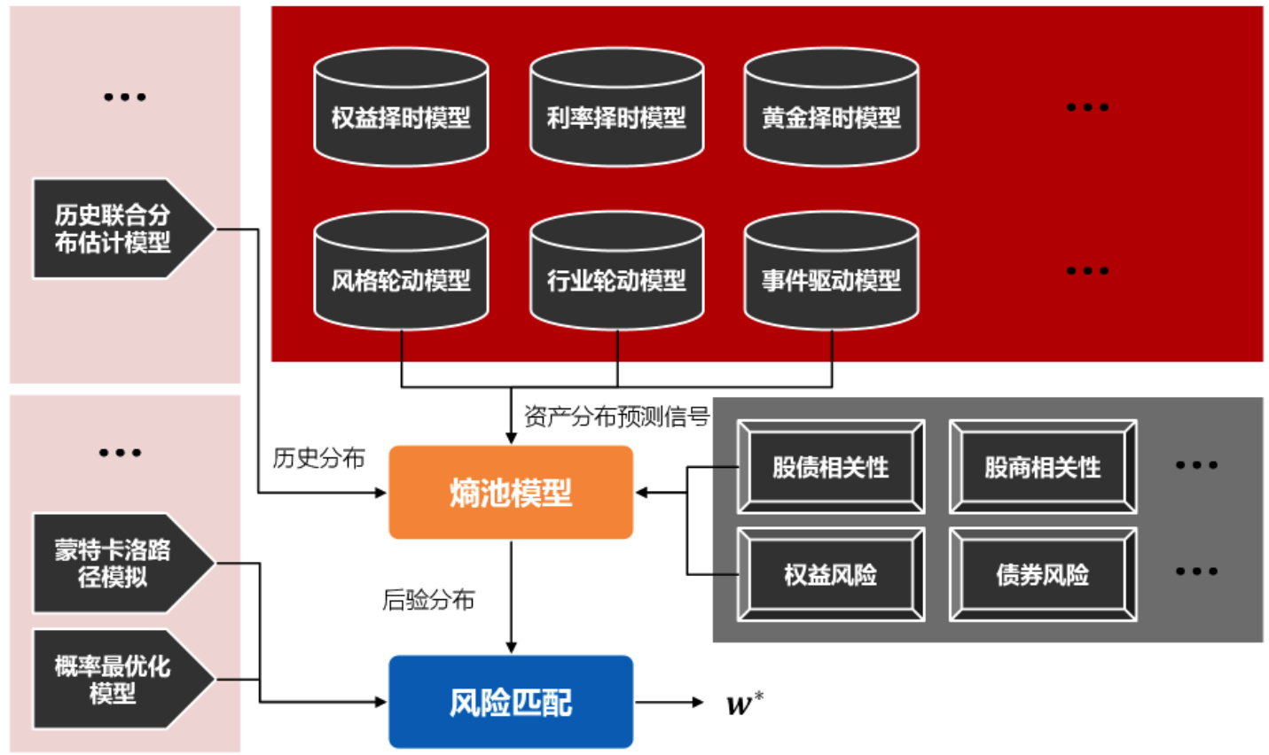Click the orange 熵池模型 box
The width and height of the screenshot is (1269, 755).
click(x=511, y=493)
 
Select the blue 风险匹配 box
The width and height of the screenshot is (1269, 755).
click(x=511, y=702)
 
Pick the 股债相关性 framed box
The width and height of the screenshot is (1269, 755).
click(x=830, y=467)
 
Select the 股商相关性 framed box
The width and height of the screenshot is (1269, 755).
click(x=1042, y=467)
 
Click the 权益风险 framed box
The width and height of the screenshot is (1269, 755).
click(x=830, y=574)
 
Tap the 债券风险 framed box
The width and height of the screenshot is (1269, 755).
click(x=1042, y=574)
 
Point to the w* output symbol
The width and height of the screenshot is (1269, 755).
click(x=743, y=704)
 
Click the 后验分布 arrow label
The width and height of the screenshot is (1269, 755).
click(x=428, y=600)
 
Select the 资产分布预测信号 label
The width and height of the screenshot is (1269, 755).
click(x=616, y=416)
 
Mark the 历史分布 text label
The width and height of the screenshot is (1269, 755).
click(x=318, y=458)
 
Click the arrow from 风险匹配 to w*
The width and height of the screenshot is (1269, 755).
click(x=669, y=703)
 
